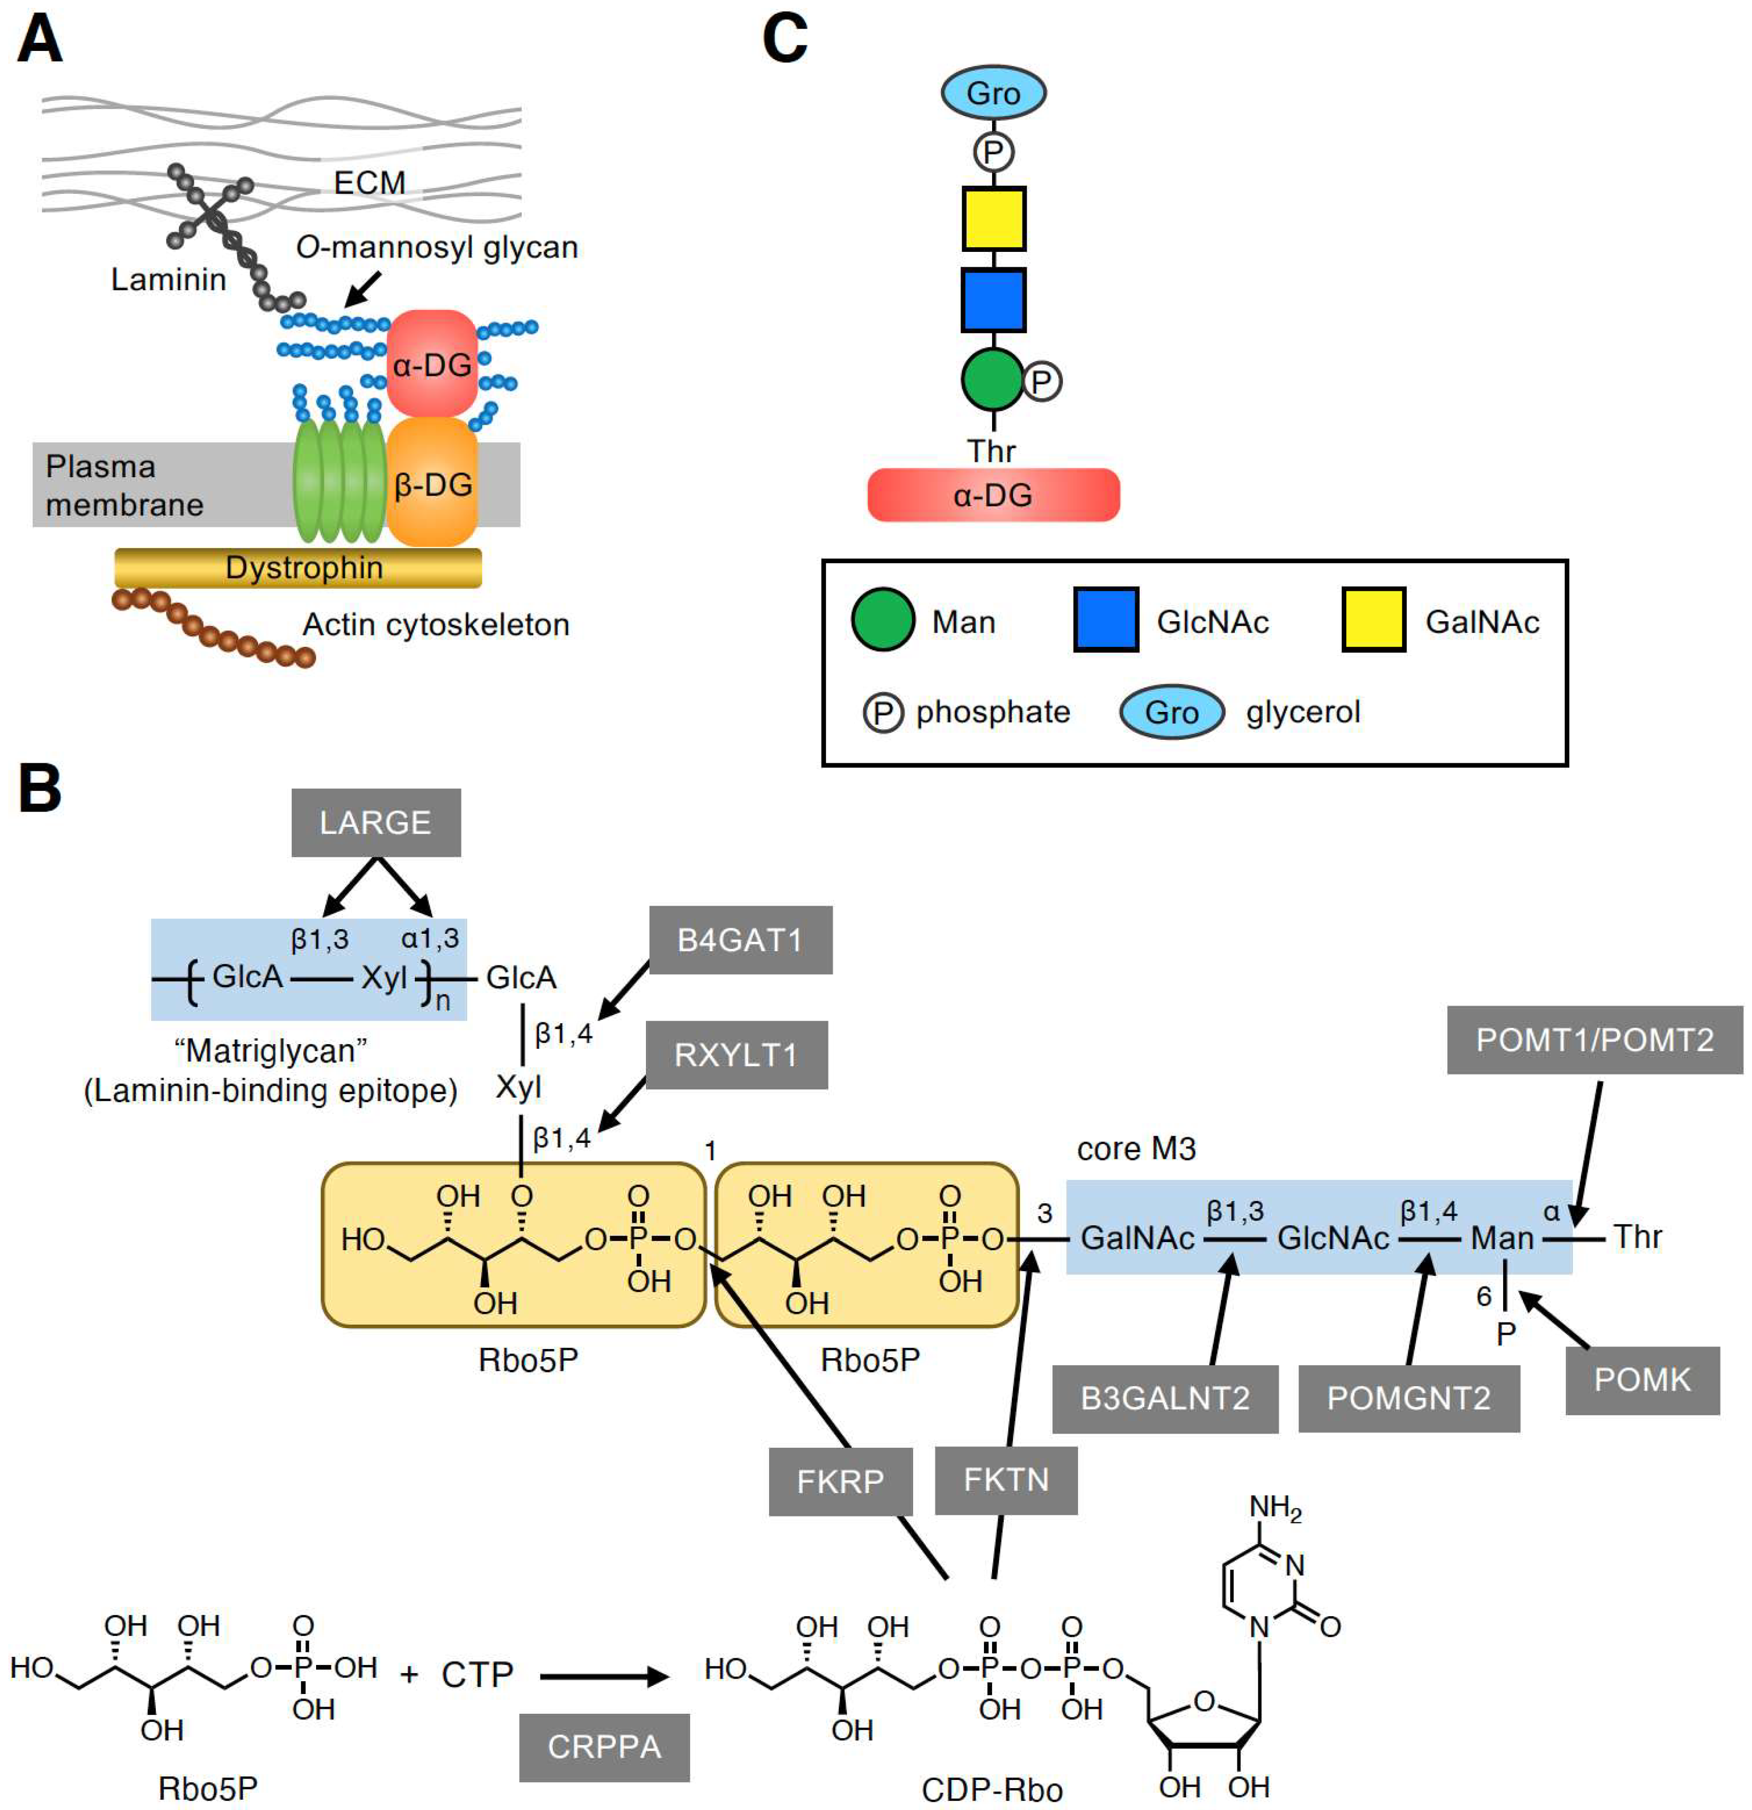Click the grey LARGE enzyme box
tap(376, 822)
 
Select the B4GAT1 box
tap(740, 940)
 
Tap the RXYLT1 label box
tap(736, 1054)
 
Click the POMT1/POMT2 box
tap(1594, 1040)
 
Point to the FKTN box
tap(1006, 1480)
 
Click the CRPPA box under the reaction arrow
tap(604, 1747)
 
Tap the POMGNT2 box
tap(1408, 1398)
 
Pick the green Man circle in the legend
tap(882, 620)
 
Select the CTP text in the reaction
tap(476, 1674)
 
